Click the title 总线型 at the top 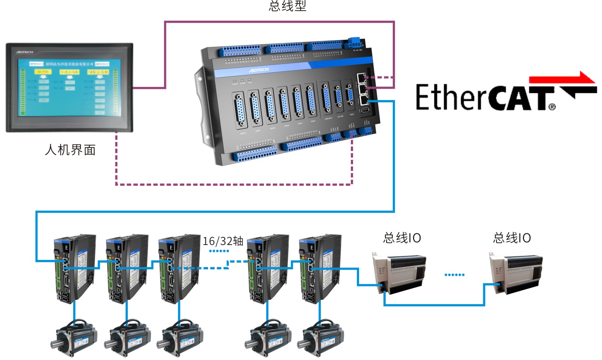coord(288,6)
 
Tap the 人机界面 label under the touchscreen coord(70,150)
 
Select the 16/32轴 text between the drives coord(223,241)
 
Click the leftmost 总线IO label coord(402,238)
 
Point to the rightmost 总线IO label coord(512,238)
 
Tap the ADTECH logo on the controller coord(259,70)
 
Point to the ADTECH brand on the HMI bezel coord(25,52)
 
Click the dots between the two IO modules coord(454,275)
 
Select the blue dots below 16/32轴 coord(219,251)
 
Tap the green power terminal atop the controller coord(353,41)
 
